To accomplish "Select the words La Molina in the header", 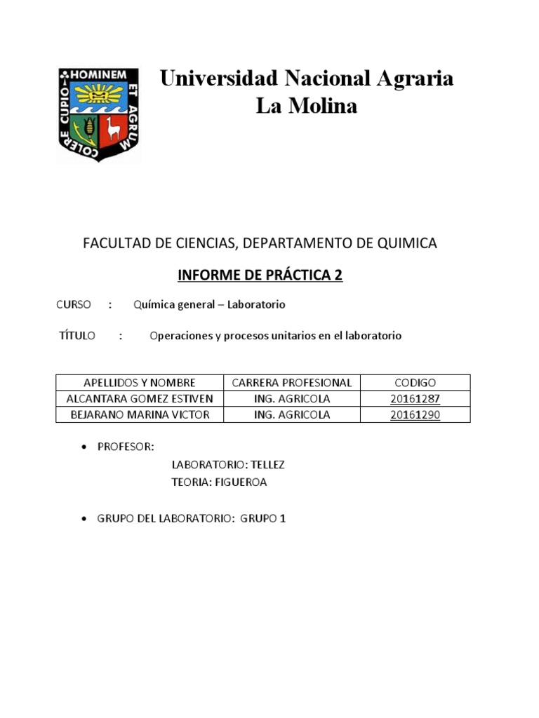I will tap(307, 106).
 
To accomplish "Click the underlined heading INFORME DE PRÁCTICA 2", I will tap(260, 275).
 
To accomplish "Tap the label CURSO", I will tap(73, 305).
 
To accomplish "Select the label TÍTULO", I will tap(77, 336).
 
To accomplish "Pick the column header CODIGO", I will tap(415, 383).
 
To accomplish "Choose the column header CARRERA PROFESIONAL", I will tap(291, 383).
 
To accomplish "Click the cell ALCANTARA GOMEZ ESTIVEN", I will tap(139, 399).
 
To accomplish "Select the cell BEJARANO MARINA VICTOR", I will tap(140, 414).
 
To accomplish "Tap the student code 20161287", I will tap(415, 399).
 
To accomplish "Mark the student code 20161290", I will tap(415, 414).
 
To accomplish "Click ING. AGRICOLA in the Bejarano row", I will tap(291, 414).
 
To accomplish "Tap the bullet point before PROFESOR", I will tap(85, 447).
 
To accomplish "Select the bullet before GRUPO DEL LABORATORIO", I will tap(85, 519).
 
